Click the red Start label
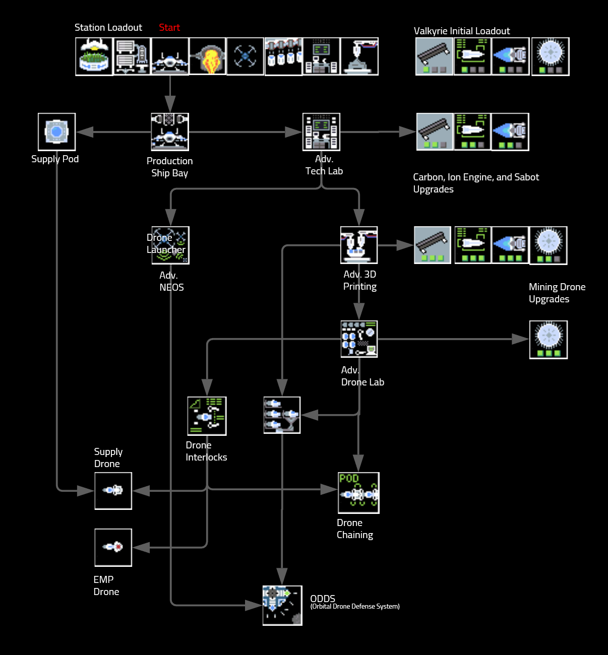tap(169, 28)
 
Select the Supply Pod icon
tap(56, 132)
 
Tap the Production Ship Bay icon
tap(170, 132)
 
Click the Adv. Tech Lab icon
tap(321, 132)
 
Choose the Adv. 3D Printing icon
tap(359, 245)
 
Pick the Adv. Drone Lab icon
tap(359, 339)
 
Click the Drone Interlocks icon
tap(207, 416)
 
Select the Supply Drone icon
tap(113, 490)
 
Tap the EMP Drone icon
tap(113, 547)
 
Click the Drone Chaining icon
tap(358, 493)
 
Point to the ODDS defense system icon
tap(282, 605)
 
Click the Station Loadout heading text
tap(108, 28)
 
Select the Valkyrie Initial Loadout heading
tap(462, 31)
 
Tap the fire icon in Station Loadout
tap(208, 56)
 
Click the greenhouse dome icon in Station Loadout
tap(94, 56)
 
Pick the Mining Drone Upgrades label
tap(557, 293)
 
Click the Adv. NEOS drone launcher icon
tap(170, 245)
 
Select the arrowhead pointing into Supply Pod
tap(85, 132)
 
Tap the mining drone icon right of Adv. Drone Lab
tap(549, 339)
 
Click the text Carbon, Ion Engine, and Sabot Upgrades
tap(475, 183)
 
